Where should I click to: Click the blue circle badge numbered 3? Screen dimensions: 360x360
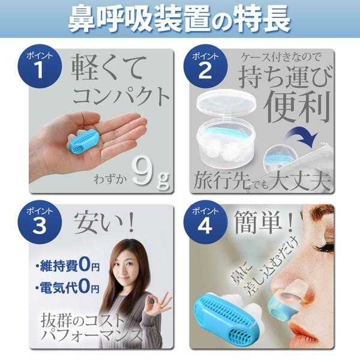tap(40, 222)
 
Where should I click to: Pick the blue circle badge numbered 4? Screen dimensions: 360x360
tap(205, 222)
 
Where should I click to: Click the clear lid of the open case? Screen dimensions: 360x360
tap(226, 103)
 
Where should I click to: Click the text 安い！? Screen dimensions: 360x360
tap(104, 222)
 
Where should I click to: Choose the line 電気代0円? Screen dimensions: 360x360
tap(68, 287)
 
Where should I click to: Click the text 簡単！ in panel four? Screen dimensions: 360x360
tap(264, 222)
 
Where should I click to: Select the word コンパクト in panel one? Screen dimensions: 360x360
tap(122, 96)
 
